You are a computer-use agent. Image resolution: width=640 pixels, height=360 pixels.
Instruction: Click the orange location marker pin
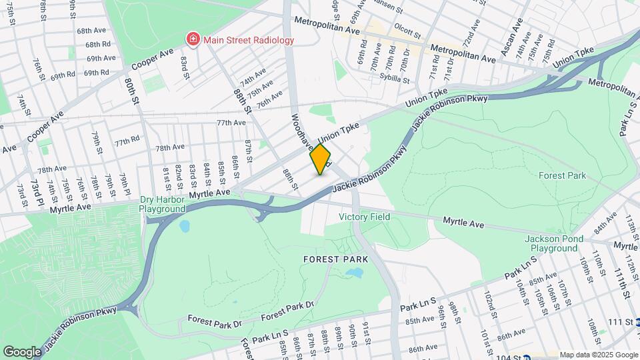click(x=321, y=159)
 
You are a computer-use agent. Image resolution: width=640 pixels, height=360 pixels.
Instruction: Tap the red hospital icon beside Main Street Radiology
click(x=193, y=40)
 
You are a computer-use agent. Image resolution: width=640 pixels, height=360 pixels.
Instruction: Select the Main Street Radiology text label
click(x=249, y=40)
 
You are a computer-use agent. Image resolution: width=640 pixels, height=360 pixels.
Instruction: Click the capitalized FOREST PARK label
click(x=331, y=259)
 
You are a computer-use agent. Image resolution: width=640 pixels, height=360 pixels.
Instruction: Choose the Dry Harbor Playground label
click(x=162, y=204)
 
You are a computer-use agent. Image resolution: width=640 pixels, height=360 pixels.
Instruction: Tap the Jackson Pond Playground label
click(x=551, y=243)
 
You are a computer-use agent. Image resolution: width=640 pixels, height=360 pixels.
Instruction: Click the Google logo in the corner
click(x=22, y=351)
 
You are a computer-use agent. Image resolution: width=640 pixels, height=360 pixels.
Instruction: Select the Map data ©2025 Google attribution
click(x=598, y=355)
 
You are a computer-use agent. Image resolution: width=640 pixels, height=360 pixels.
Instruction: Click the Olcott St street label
click(x=408, y=32)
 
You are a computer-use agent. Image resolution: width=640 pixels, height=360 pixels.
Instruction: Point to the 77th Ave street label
click(x=231, y=123)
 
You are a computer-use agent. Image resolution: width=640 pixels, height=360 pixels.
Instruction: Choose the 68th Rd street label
click(x=97, y=45)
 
